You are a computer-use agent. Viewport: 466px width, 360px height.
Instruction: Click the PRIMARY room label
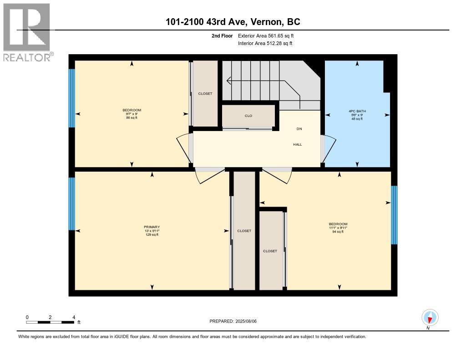click(152, 227)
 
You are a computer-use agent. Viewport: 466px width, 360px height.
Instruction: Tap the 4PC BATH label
click(357, 111)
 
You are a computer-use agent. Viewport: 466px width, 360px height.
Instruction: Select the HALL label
click(298, 144)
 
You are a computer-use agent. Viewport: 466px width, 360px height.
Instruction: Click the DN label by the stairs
click(299, 129)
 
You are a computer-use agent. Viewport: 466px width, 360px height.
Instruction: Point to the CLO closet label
click(248, 116)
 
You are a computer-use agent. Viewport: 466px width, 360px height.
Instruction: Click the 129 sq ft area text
click(152, 234)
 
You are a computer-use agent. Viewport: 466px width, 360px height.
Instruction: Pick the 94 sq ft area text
click(338, 232)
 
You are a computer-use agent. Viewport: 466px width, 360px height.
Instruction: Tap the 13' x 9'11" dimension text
click(152, 231)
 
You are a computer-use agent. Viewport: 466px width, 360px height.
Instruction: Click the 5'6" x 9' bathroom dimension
click(357, 115)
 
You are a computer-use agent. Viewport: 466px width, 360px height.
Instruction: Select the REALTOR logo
click(27, 32)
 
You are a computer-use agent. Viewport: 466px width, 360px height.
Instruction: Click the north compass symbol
click(430, 318)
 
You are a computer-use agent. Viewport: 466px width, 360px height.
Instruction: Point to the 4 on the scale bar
click(74, 317)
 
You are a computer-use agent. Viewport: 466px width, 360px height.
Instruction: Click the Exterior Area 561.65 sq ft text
click(266, 35)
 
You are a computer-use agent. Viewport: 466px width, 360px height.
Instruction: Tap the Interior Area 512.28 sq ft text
click(265, 43)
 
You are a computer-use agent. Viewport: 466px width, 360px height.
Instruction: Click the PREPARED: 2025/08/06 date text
click(233, 321)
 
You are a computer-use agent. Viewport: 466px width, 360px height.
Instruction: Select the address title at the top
click(233, 22)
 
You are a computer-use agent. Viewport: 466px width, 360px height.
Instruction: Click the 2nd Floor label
click(222, 35)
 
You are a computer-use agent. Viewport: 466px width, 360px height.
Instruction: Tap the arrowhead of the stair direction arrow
click(228, 80)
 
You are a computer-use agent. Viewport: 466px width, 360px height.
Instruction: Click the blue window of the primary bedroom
click(71, 203)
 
